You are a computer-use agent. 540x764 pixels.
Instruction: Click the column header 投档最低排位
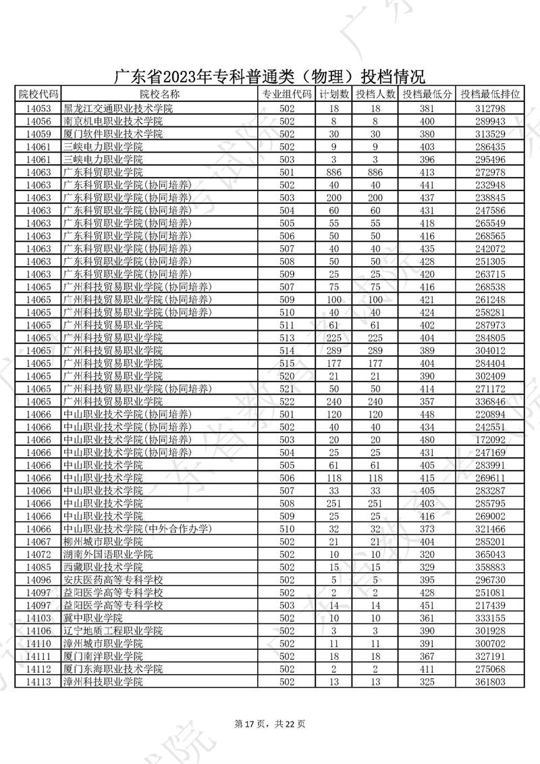pyautogui.click(x=490, y=95)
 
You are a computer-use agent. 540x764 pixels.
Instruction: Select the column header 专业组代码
pyautogui.click(x=287, y=95)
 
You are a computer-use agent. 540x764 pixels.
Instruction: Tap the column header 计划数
pyautogui.click(x=333, y=95)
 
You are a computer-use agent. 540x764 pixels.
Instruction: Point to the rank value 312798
pyautogui.click(x=490, y=109)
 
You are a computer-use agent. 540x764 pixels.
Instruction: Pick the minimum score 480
pyautogui.click(x=426, y=439)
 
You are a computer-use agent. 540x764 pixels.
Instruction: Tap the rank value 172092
pyautogui.click(x=490, y=439)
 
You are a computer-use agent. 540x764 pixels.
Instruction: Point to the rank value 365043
pyautogui.click(x=490, y=554)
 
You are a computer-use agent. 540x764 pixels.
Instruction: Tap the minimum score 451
pyautogui.click(x=426, y=605)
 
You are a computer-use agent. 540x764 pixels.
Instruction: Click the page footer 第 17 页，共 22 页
pyautogui.click(x=269, y=724)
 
